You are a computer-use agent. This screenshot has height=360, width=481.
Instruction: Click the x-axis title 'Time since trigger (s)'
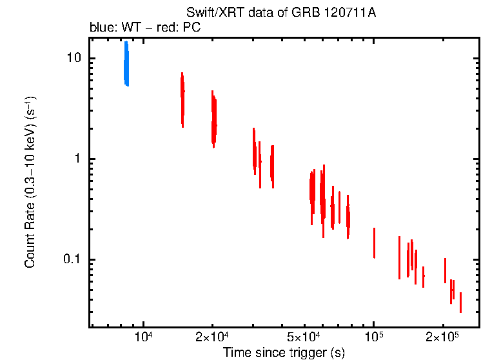284,352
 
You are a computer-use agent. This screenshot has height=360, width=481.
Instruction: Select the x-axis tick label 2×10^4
212,337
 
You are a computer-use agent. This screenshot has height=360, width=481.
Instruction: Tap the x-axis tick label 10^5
374,337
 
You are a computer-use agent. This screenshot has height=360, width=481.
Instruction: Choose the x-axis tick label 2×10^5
443,337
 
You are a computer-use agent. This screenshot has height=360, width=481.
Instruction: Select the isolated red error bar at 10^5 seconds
374,243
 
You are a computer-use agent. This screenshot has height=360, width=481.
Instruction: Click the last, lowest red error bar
460,303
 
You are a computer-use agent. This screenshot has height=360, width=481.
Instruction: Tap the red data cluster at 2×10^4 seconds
213,119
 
